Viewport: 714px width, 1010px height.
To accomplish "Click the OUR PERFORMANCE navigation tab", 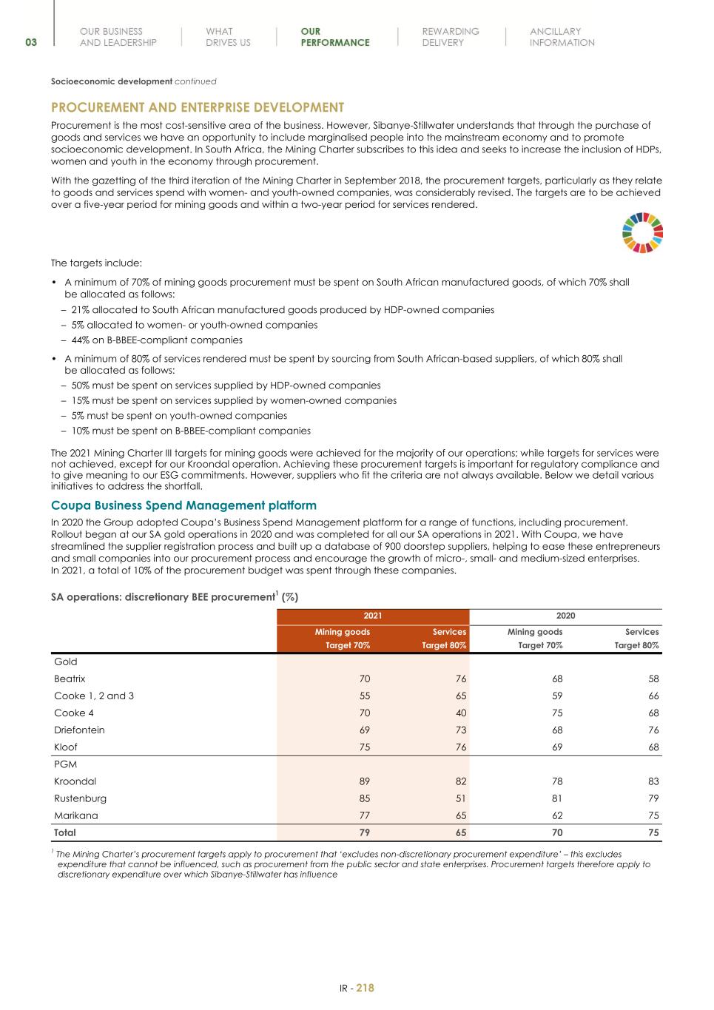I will coord(334,37).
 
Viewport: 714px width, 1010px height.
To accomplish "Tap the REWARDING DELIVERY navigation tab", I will coord(450,37).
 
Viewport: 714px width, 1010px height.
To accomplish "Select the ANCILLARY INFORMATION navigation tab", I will coord(562,37).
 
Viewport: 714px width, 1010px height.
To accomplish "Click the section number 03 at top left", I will coord(31,43).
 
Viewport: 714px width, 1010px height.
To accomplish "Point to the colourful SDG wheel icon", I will coord(642,232).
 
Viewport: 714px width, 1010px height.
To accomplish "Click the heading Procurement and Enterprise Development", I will coord(198,107).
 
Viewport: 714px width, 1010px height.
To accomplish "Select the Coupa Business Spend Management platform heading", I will coord(183,505).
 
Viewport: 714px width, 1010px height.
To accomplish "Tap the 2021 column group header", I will coord(373,616).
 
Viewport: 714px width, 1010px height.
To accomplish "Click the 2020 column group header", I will coord(565,616).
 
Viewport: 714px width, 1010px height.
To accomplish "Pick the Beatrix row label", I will coord(70,679).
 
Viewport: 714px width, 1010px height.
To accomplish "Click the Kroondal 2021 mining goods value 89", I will coord(364,781).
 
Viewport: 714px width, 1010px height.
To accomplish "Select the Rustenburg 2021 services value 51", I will coord(460,798).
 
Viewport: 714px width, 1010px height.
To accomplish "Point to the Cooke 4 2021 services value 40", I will coord(460,713).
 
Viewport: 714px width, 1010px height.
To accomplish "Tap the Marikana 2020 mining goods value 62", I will coord(556,815).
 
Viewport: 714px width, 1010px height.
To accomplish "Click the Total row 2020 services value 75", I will coord(653,832).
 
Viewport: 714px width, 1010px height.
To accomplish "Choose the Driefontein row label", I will coord(79,730).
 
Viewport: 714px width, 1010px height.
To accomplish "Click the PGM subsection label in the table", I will coord(65,764).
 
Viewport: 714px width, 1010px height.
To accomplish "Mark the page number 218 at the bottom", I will coord(366,988).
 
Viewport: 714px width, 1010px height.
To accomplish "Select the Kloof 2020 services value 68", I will coord(653,747).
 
